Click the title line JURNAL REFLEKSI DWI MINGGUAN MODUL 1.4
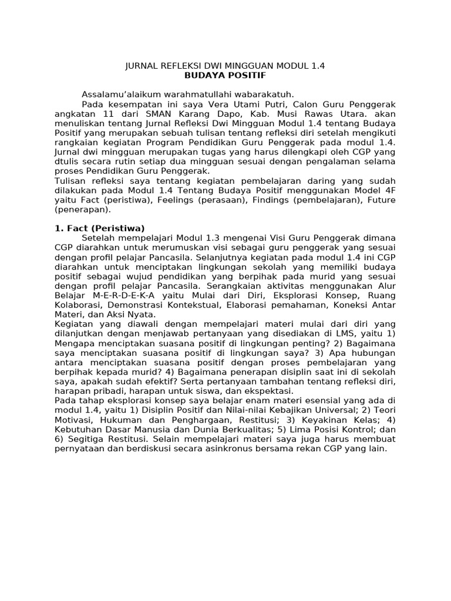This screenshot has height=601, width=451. [225, 66]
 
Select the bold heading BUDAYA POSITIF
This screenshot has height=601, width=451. [225, 76]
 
